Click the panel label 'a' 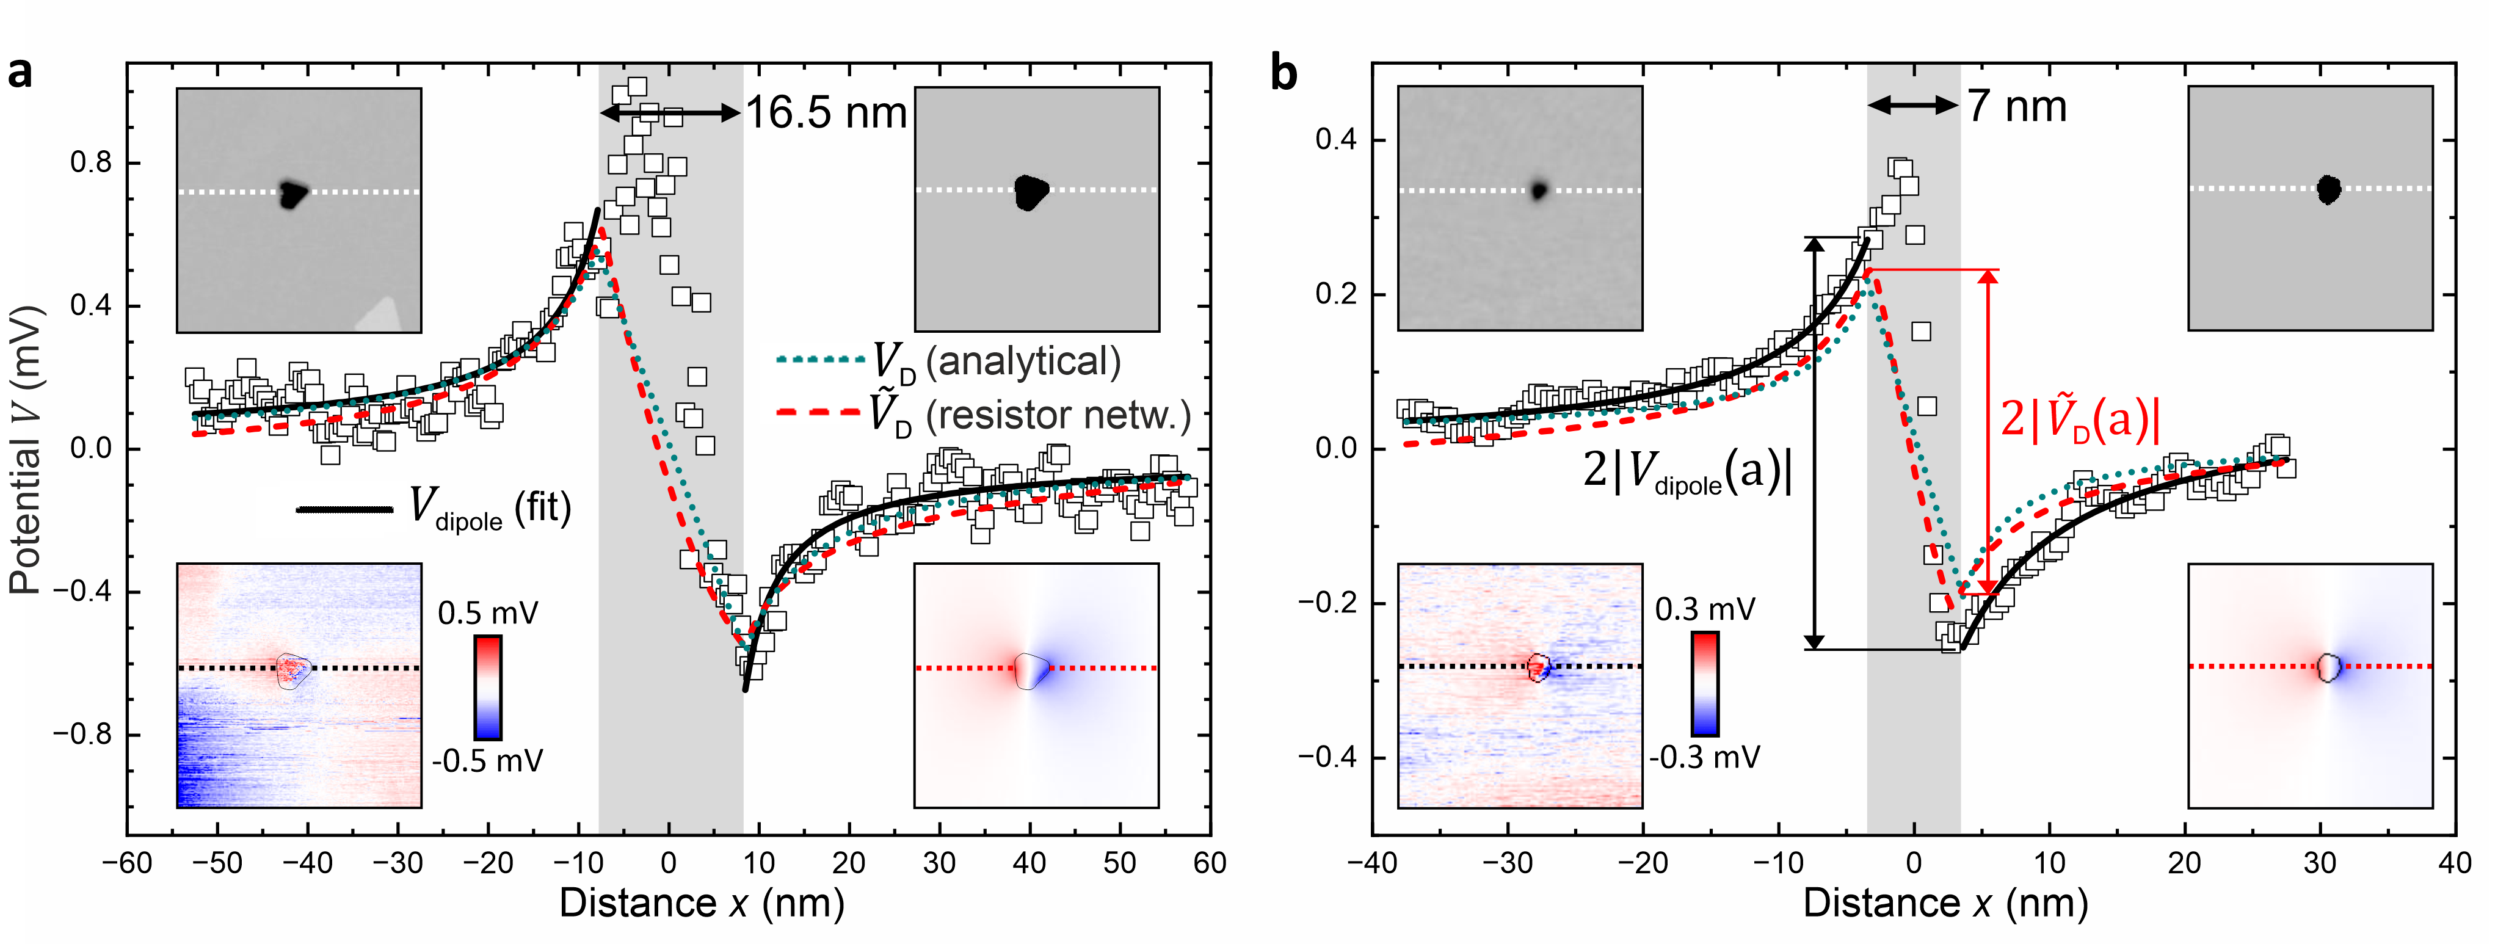(x=20, y=73)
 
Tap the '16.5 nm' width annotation (x=827, y=114)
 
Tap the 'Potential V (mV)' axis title (x=27, y=450)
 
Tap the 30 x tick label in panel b (x=2320, y=863)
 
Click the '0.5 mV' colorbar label (x=487, y=613)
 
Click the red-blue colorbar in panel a (x=487, y=687)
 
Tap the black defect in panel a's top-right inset (x=1029, y=192)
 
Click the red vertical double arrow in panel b (x=1987, y=430)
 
